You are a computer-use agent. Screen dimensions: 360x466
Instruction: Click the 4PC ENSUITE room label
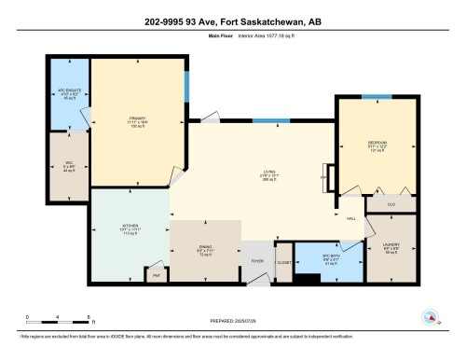[67, 94]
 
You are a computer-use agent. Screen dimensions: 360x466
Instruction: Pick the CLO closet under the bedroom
[391, 203]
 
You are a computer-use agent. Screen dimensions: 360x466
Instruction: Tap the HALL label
[351, 218]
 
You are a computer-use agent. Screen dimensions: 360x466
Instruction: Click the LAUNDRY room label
[392, 247]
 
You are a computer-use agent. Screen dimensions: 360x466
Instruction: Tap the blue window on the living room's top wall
[271, 119]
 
